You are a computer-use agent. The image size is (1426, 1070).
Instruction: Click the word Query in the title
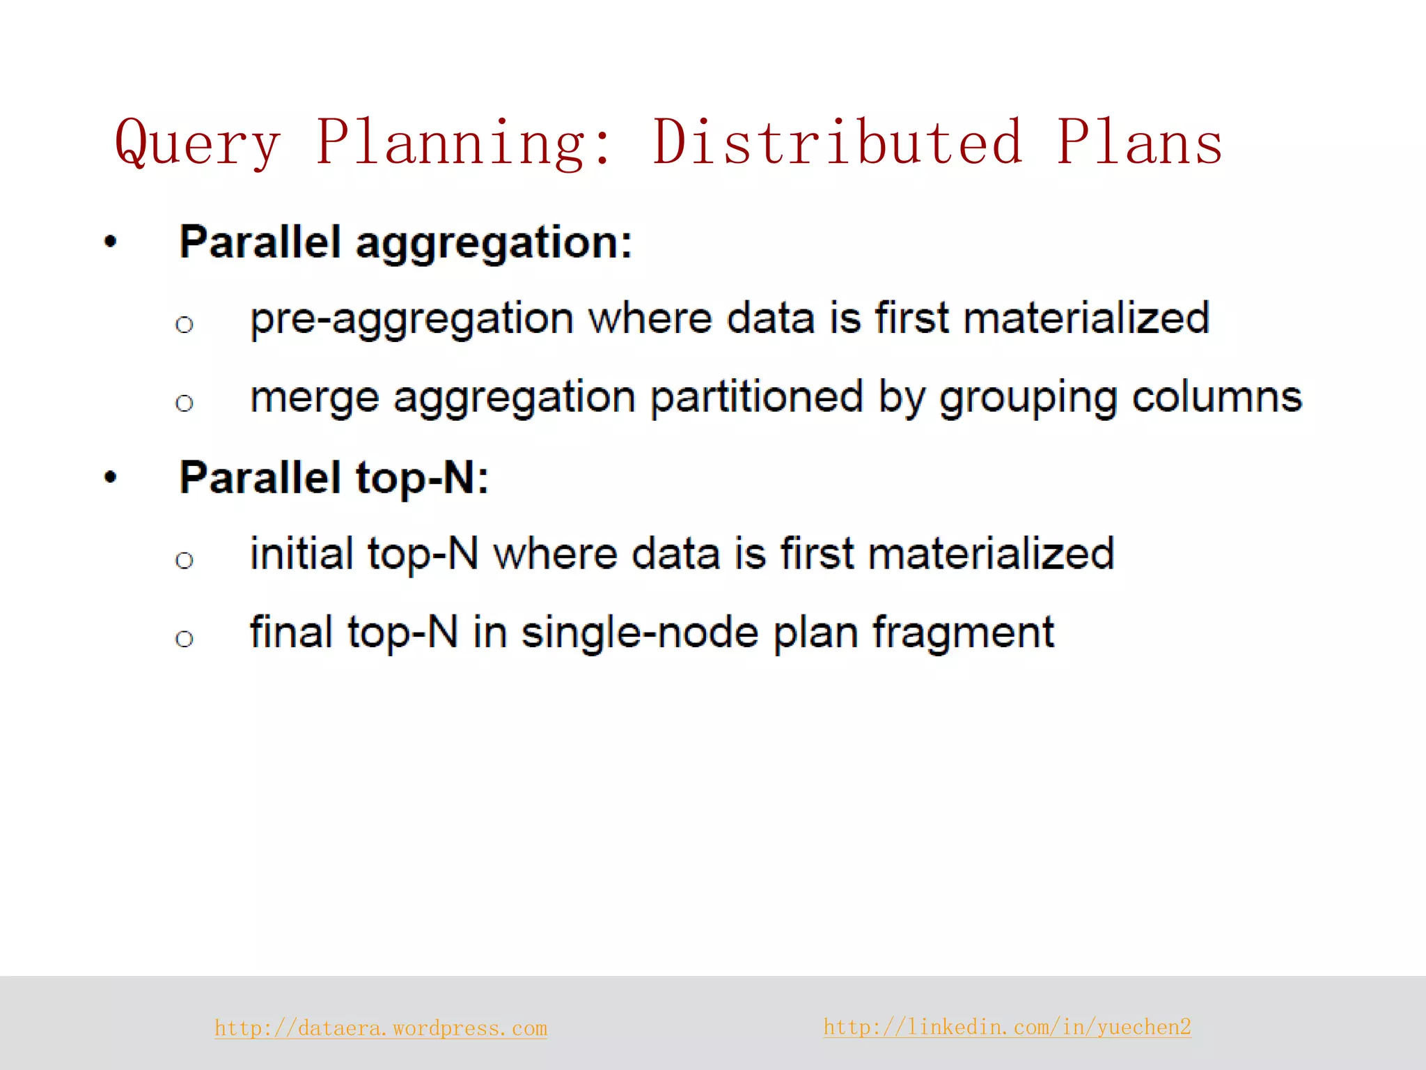tap(198, 144)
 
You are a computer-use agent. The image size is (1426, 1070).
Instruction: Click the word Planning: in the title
tap(464, 144)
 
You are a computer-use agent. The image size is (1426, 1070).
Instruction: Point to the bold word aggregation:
tap(494, 245)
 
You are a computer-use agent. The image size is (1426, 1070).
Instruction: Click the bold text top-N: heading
tap(423, 479)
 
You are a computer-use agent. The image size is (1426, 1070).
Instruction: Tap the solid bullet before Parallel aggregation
tap(111, 242)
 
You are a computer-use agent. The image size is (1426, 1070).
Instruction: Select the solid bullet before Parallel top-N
tap(111, 478)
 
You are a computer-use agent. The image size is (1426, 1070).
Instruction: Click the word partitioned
tap(757, 398)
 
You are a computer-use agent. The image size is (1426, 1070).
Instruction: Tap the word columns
tap(1216, 398)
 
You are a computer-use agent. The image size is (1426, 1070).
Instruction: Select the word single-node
tap(640, 633)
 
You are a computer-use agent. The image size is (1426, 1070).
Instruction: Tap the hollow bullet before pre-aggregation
tap(185, 325)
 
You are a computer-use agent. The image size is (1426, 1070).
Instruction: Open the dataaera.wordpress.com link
tap(381, 1028)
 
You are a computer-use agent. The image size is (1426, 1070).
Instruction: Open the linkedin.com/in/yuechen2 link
tap(1007, 1027)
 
